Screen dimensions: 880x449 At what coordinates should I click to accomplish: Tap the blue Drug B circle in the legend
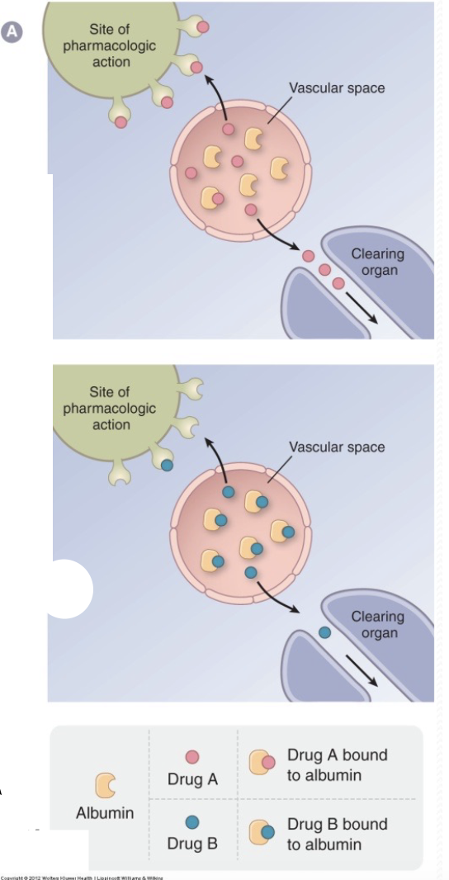pyautogui.click(x=191, y=822)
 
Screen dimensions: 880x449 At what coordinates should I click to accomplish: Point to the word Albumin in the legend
pyautogui.click(x=105, y=813)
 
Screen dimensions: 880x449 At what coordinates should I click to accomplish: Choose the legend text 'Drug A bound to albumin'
pyautogui.click(x=337, y=765)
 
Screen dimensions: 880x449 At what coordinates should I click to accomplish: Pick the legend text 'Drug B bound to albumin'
pyautogui.click(x=337, y=834)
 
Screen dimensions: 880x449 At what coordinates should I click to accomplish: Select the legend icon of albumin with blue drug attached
pyautogui.click(x=261, y=832)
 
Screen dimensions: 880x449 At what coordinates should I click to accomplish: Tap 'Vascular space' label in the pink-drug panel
pyautogui.click(x=337, y=88)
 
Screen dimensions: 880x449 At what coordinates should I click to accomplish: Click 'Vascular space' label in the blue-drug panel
pyautogui.click(x=337, y=447)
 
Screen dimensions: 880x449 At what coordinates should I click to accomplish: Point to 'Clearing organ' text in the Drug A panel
pyautogui.click(x=378, y=262)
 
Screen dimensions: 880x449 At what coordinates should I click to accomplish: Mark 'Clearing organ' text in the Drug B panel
pyautogui.click(x=378, y=625)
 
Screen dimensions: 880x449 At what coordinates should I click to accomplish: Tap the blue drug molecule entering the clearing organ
pyautogui.click(x=324, y=632)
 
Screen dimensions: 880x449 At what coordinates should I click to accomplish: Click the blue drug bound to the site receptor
pyautogui.click(x=167, y=466)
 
